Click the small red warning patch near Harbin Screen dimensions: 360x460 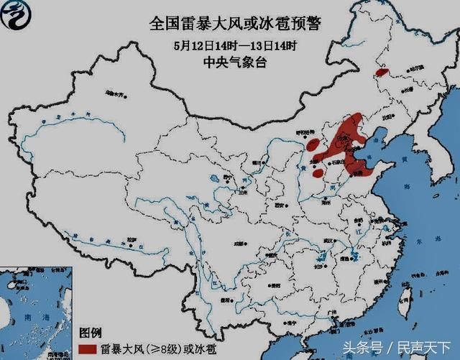382,72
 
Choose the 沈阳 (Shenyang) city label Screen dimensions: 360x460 389,116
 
